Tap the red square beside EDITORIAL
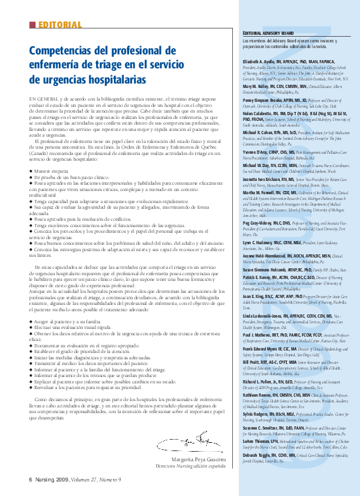pos(32,25)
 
